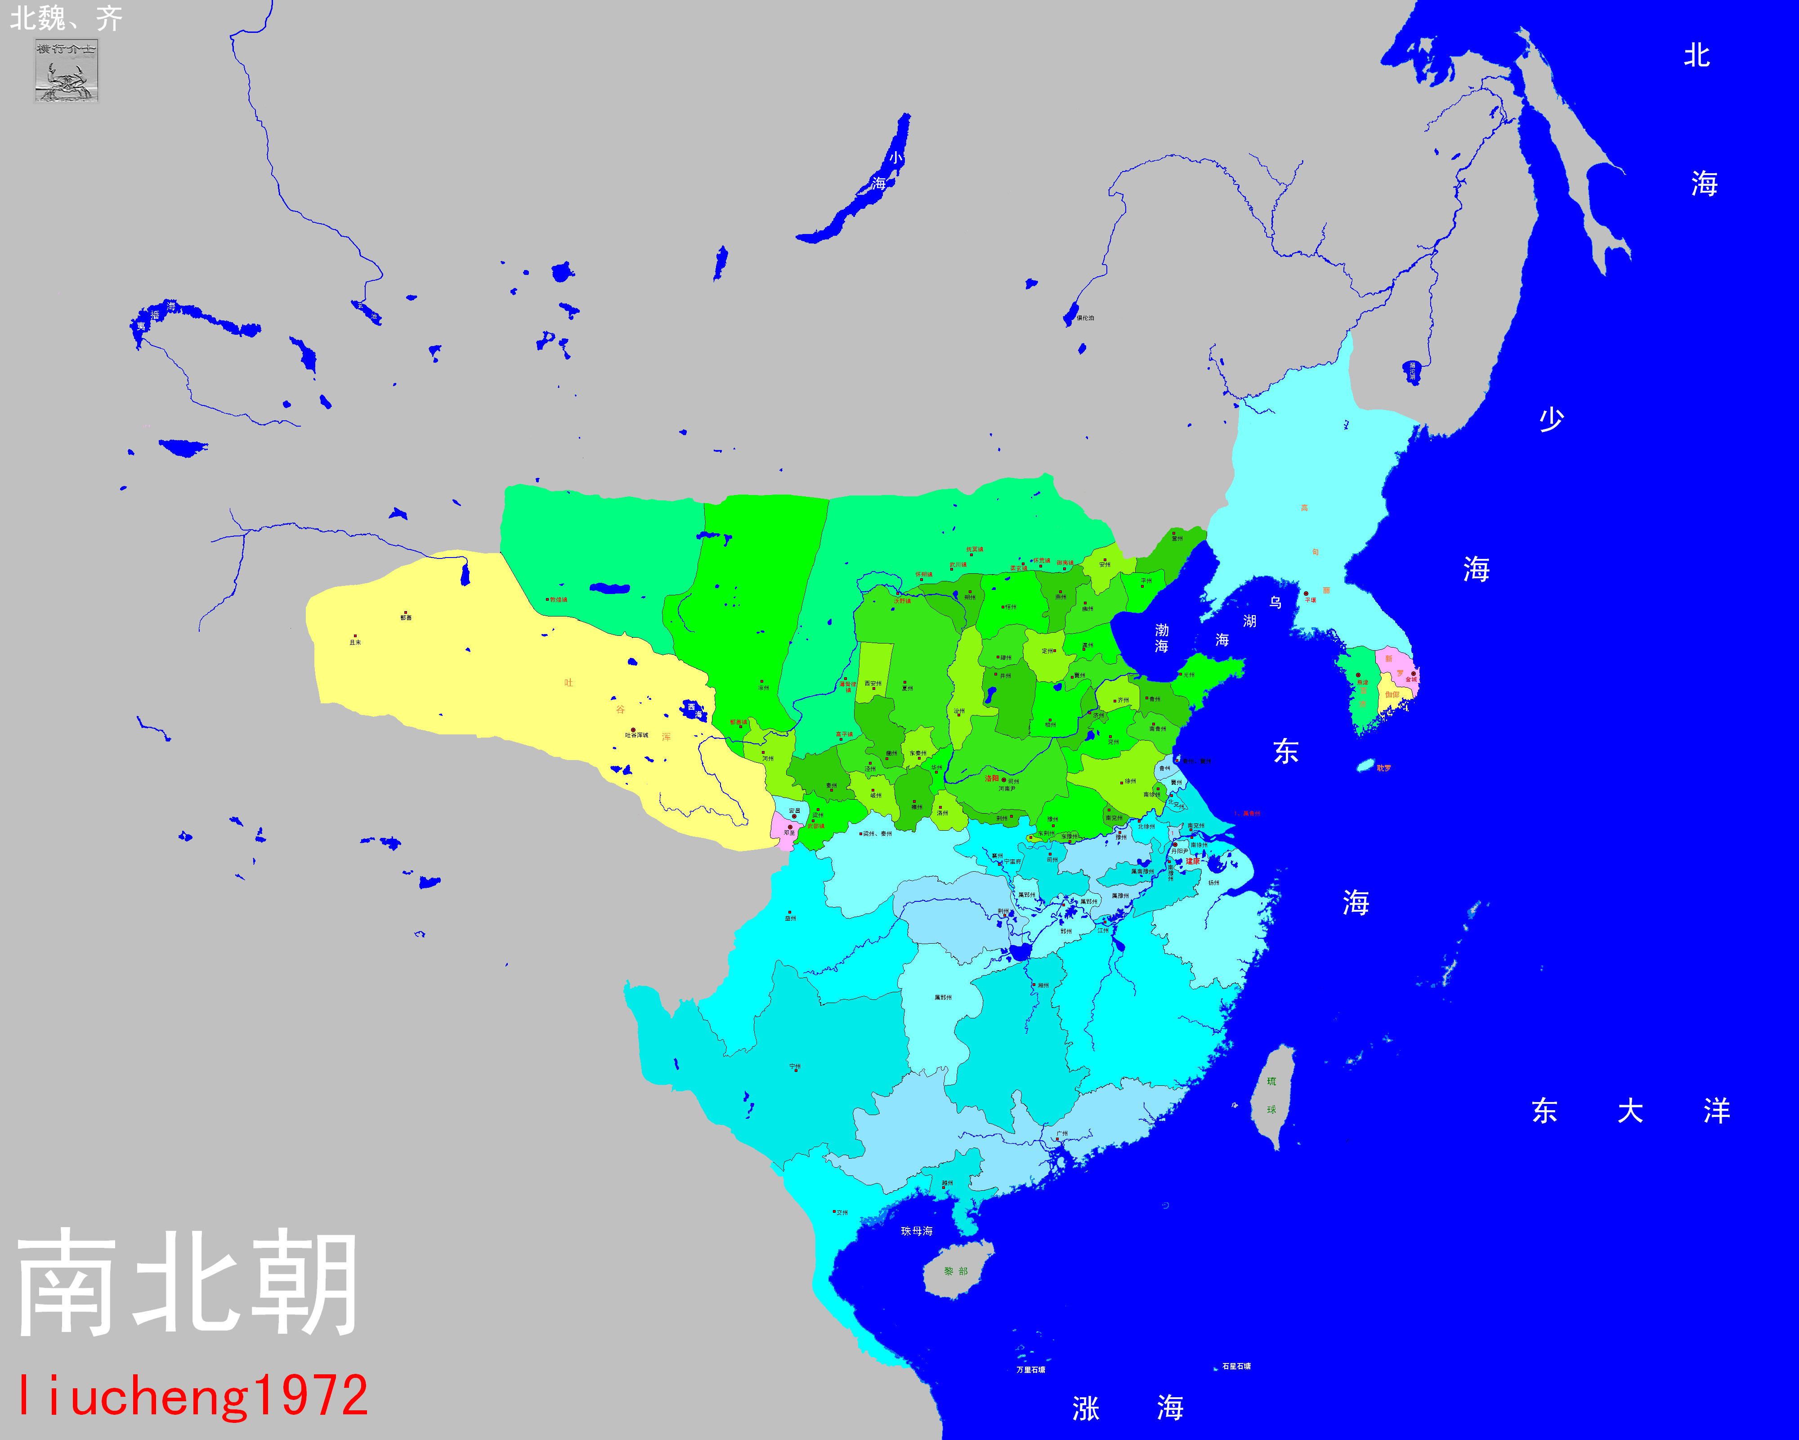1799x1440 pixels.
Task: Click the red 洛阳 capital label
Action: click(991, 778)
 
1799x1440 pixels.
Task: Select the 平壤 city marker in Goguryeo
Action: click(1307, 594)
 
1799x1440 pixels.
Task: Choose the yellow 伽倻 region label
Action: click(1392, 694)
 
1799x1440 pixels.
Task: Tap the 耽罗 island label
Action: click(1383, 767)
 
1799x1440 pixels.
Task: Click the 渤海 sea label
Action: click(1162, 638)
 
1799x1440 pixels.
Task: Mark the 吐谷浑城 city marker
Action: click(633, 730)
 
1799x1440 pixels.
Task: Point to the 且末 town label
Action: click(355, 642)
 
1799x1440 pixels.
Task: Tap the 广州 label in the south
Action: click(1061, 1134)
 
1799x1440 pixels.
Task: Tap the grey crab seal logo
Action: click(66, 72)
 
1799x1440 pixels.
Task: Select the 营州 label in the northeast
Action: click(1177, 538)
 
